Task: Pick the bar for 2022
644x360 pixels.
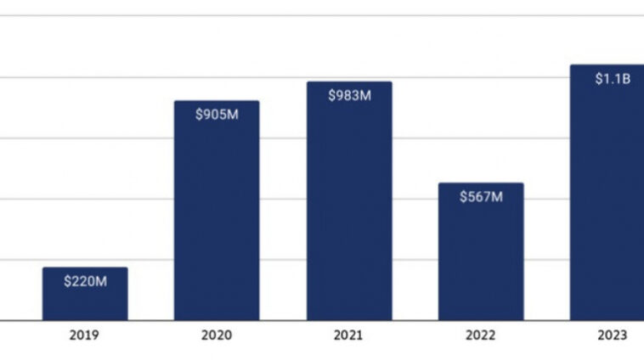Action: tap(481, 255)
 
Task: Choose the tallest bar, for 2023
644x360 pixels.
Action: tap(607, 195)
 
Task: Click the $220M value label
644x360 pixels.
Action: tap(85, 280)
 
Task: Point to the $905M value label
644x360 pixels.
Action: tap(217, 114)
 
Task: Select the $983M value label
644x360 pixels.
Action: tap(349, 95)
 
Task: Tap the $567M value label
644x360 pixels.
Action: tap(481, 196)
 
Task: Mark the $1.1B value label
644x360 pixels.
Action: tap(612, 79)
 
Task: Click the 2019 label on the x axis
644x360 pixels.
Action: tap(85, 335)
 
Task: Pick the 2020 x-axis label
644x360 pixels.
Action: tap(217, 335)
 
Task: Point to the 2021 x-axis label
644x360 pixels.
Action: tap(349, 335)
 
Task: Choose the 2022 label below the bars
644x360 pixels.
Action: tap(481, 335)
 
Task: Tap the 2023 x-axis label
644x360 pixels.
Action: tap(612, 335)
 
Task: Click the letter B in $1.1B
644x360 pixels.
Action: tap(625, 79)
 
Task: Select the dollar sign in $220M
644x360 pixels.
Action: tap(67, 280)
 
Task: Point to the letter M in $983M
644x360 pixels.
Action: tap(365, 95)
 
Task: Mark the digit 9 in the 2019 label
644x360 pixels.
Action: tap(95, 335)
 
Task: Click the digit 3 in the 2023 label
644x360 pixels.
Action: tap(623, 335)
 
